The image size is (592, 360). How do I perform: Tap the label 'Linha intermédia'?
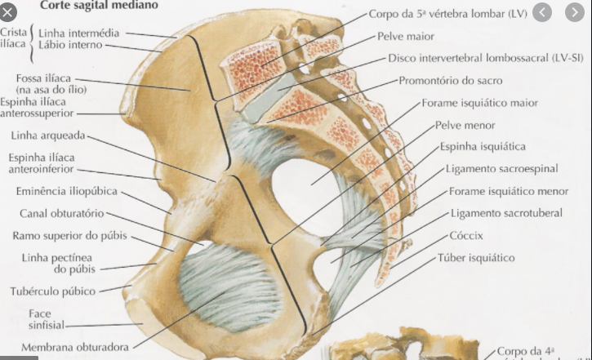[78, 33]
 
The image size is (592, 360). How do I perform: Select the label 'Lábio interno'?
[70, 45]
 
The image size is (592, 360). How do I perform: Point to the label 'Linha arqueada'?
[48, 136]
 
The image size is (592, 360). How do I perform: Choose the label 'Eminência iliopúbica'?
[67, 191]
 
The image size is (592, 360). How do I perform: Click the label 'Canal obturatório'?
[62, 213]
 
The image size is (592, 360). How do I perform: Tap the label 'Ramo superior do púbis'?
[69, 236]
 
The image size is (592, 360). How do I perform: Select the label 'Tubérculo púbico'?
[53, 291]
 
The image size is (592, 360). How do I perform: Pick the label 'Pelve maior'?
[406, 37]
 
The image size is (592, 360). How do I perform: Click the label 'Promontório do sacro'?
[451, 81]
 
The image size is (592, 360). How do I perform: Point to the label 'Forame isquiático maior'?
[480, 104]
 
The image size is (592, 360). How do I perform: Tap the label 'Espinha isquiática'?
[483, 147]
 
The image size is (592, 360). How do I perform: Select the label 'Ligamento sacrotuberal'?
[506, 213]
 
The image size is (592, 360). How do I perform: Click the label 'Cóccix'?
[466, 235]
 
